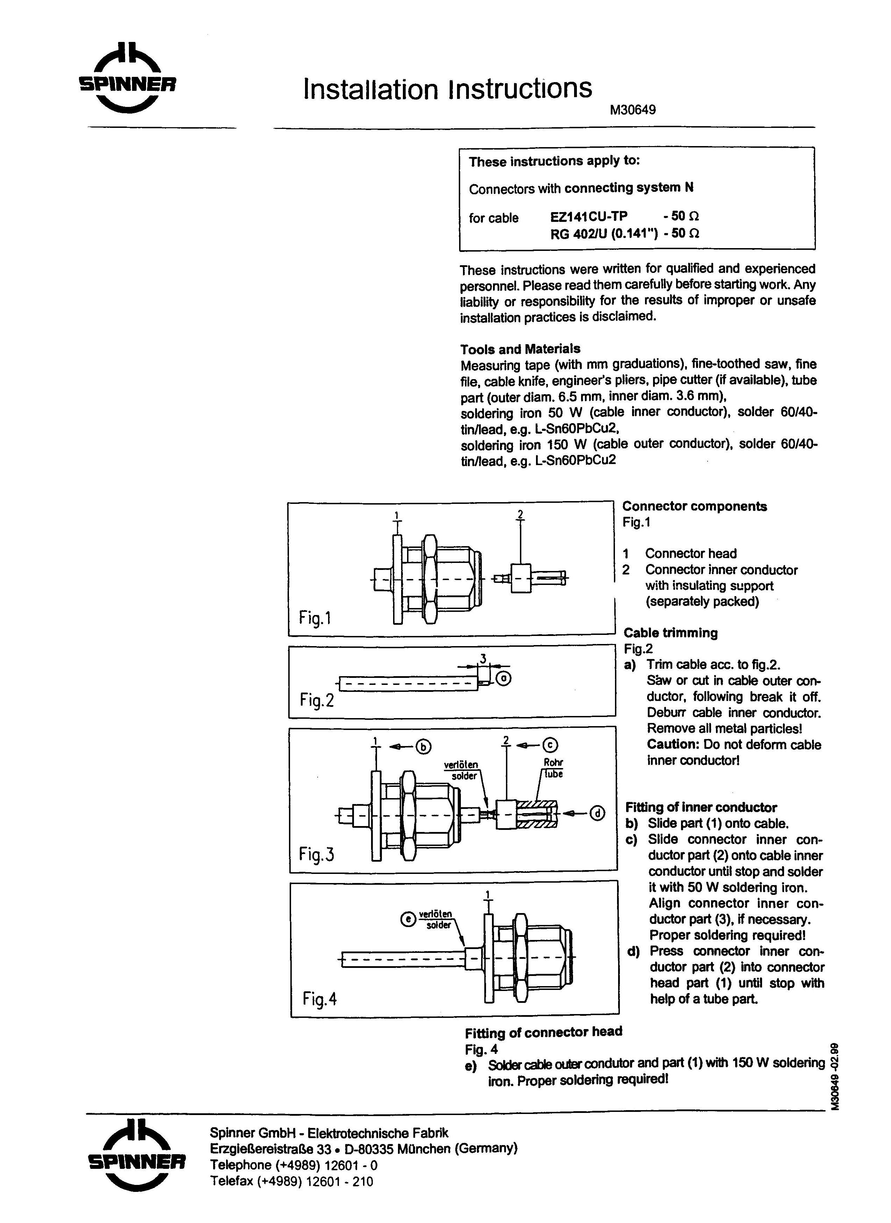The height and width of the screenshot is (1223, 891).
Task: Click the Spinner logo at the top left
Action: [x=127, y=78]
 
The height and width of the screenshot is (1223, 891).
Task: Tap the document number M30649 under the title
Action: [x=633, y=110]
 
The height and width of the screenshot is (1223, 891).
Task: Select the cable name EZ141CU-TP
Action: [x=588, y=216]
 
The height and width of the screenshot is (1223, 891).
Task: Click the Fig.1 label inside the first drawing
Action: [x=315, y=617]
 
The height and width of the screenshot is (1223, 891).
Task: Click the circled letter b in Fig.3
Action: [x=423, y=747]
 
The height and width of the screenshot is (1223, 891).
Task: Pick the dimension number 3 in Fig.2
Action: [x=483, y=658]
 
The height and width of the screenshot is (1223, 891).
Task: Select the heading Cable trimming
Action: [x=671, y=632]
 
